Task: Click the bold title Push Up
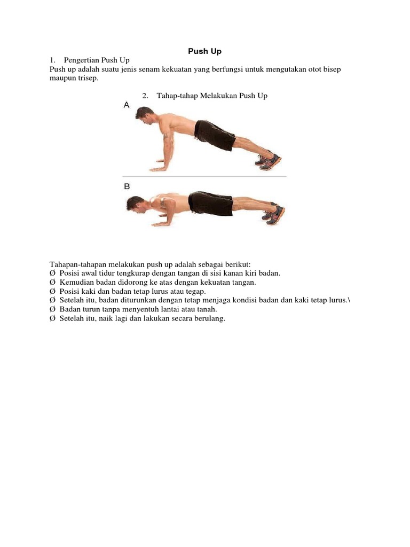point(204,51)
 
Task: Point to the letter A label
point(127,106)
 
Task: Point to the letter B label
point(127,186)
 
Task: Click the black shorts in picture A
point(214,135)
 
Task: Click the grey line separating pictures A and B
point(204,176)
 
